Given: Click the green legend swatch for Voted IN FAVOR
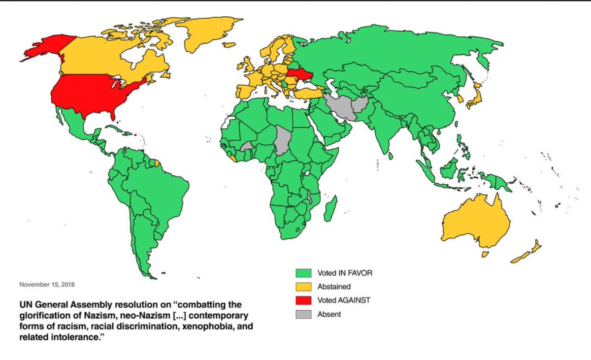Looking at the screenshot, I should pyautogui.click(x=303, y=272).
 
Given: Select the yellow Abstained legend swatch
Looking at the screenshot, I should pyautogui.click(x=303, y=286).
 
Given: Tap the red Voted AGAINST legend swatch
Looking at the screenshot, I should pyautogui.click(x=303, y=299).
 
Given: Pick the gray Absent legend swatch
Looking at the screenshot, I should pyautogui.click(x=303, y=313).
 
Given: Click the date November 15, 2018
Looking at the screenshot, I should pyautogui.click(x=47, y=285).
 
